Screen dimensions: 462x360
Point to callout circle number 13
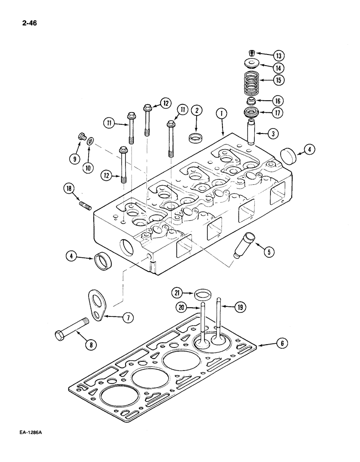[x=278, y=55]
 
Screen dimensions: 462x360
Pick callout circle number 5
[x=268, y=251]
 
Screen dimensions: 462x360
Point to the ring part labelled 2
[x=195, y=138]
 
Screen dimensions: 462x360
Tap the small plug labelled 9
[x=81, y=137]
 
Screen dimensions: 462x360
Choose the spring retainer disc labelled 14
[x=252, y=63]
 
